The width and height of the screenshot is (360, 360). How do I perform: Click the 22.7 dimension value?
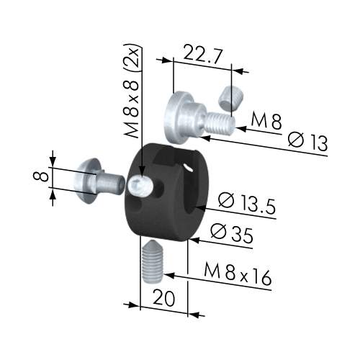(203, 57)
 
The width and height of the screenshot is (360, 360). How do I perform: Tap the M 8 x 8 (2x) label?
(131, 91)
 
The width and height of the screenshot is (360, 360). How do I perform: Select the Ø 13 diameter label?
(308, 142)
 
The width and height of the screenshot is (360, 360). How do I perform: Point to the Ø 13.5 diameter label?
(247, 204)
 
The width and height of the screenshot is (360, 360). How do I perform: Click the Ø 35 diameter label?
(232, 234)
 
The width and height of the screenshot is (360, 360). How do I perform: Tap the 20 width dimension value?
(164, 298)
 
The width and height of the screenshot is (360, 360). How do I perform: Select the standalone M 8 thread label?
(266, 121)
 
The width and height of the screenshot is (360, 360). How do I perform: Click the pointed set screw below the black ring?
(153, 262)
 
